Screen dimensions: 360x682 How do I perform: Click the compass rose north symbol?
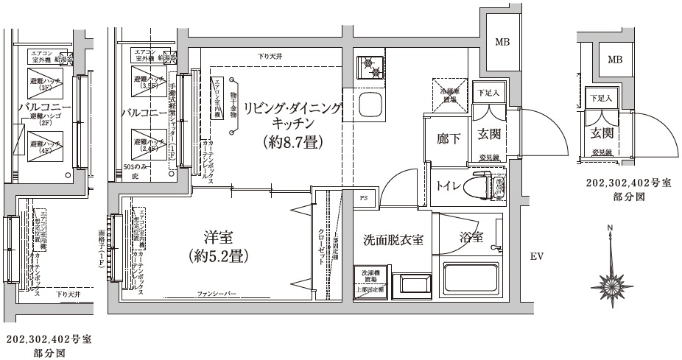click(611, 280)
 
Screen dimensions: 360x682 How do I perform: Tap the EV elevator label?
click(536, 256)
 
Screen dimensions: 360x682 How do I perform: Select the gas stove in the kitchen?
click(370, 68)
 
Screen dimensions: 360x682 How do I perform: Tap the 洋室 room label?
click(219, 237)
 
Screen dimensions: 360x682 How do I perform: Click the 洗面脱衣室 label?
click(393, 240)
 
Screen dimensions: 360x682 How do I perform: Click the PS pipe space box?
click(365, 198)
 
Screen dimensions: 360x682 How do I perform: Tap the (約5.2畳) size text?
click(219, 257)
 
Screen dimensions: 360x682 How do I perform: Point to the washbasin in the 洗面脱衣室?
click(407, 283)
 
